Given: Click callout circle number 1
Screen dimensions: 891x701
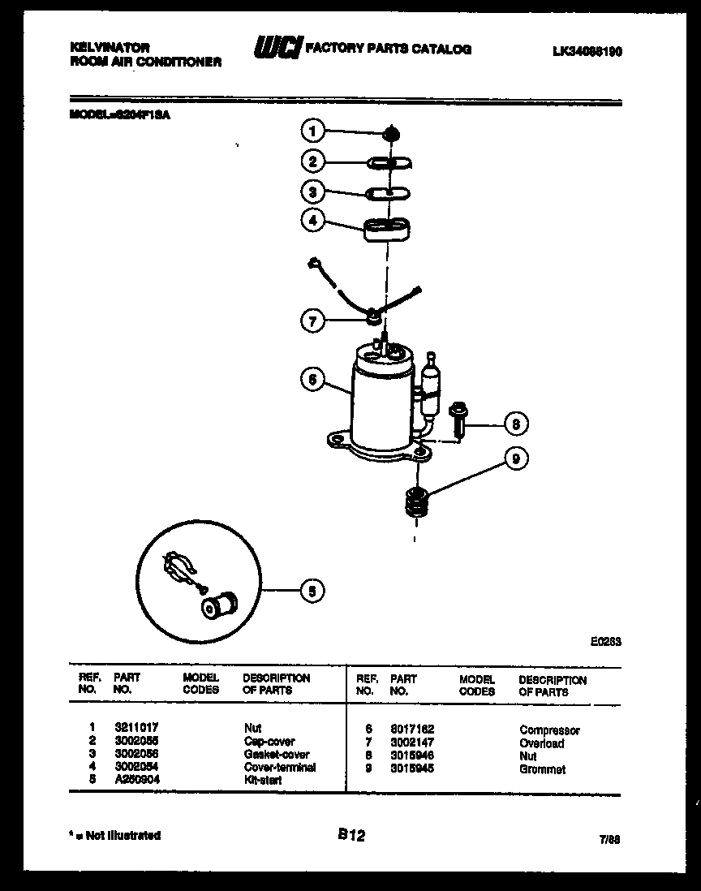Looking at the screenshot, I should click(x=313, y=131).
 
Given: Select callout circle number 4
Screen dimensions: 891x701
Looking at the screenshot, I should click(x=313, y=220).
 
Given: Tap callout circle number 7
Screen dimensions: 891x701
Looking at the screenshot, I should click(x=313, y=321).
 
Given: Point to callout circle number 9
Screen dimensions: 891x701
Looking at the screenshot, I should click(x=514, y=459).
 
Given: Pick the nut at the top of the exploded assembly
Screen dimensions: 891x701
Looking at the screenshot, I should click(x=391, y=131).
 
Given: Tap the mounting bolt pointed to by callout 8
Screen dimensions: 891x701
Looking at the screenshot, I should click(x=458, y=417).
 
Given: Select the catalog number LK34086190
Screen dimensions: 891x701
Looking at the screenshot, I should click(x=587, y=51).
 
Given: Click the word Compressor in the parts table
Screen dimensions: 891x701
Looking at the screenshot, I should click(x=549, y=730).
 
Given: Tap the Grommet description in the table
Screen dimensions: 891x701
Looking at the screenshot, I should click(x=542, y=769).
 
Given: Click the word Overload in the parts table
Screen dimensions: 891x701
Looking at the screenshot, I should click(x=541, y=743).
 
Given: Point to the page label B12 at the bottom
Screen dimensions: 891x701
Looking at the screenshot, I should click(x=350, y=833).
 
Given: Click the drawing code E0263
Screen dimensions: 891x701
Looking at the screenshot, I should click(x=605, y=640).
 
